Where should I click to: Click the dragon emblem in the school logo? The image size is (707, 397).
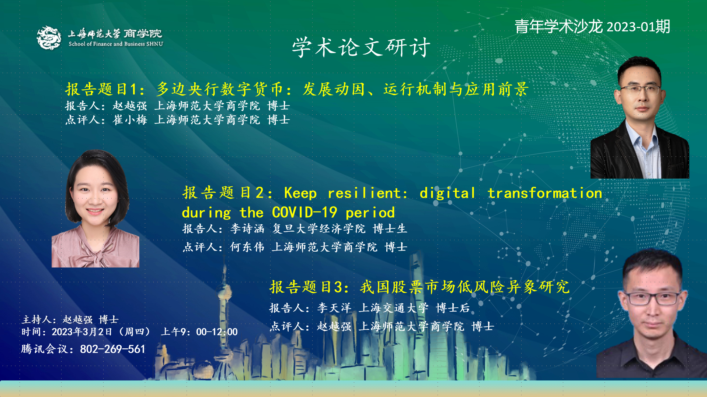coord(49,37)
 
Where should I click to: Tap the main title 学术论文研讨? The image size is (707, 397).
coord(361,47)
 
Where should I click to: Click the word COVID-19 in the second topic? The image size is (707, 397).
coord(304,213)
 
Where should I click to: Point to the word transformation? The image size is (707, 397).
coord(545,193)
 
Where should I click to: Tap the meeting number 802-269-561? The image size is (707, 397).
coord(112,349)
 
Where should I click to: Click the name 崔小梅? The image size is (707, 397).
coord(130,120)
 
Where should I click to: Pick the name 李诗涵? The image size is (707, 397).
coord(247,229)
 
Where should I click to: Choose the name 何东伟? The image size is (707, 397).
coord(247,247)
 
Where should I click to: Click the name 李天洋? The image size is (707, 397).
coord(334,308)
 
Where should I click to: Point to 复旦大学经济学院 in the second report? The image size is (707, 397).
coord(319,229)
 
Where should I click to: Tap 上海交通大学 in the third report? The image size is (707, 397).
coord(394,308)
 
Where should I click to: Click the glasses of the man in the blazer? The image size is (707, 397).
coord(640,89)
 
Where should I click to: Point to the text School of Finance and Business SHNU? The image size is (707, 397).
coord(116,44)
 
